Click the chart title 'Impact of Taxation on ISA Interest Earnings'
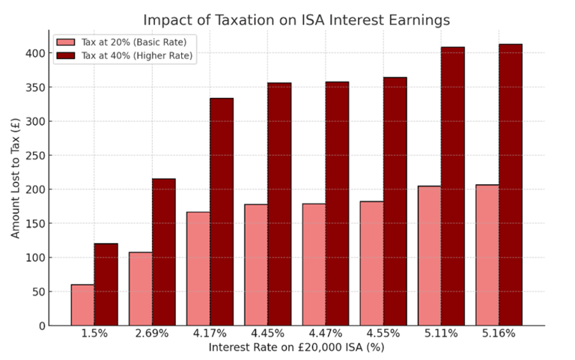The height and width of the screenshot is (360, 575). coord(296,19)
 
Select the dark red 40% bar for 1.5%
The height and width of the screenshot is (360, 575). coord(106,284)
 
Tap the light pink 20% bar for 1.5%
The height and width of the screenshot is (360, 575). coord(82,305)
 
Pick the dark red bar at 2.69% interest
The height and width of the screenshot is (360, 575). coord(163,251)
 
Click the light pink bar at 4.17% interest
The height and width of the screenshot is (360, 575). coord(198,269)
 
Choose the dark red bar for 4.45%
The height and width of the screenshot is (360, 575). coord(279,204)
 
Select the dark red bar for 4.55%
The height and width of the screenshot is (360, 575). coord(395,201)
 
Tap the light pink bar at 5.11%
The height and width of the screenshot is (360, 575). coord(429,255)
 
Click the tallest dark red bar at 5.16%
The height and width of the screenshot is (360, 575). coord(510,185)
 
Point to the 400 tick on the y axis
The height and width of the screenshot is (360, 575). coord(34,53)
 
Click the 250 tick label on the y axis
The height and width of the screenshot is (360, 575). coord(34,156)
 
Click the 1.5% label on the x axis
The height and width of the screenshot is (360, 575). coord(94,334)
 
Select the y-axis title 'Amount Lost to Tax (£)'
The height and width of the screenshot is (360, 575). coord(16,178)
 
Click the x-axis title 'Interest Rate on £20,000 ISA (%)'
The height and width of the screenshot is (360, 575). coord(296,347)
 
